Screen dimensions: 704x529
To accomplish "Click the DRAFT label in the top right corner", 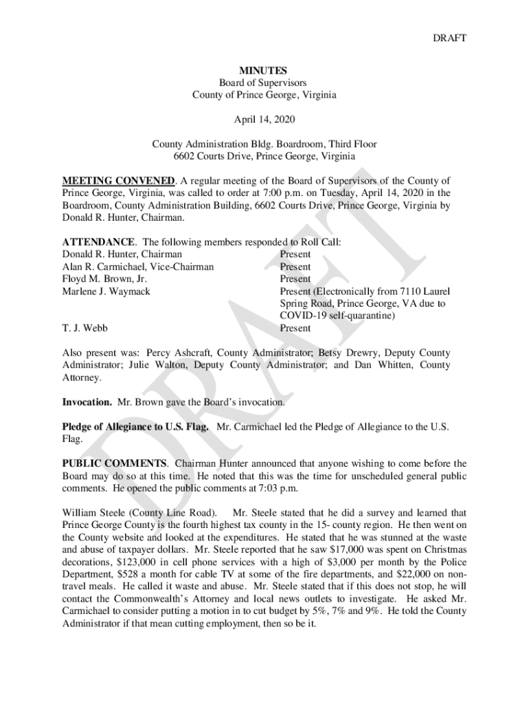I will (449, 38).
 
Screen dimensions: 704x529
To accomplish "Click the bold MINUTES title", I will (264, 70).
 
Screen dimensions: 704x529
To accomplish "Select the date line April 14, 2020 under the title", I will (264, 120).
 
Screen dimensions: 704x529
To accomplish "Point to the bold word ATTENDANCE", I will (98, 242).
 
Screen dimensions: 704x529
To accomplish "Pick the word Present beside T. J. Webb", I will (295, 329).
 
